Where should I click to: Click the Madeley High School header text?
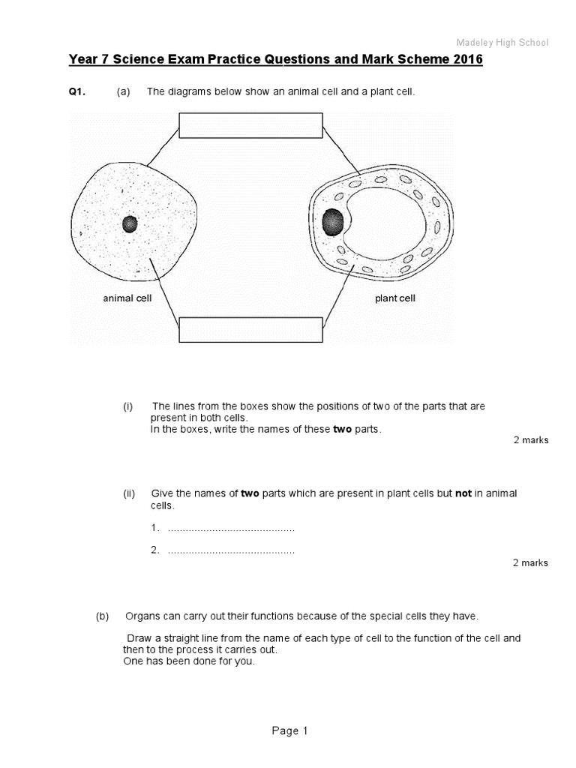tap(503, 43)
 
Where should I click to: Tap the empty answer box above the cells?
tap(250, 125)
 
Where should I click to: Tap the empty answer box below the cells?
tap(250, 330)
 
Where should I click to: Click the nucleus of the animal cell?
tap(130, 224)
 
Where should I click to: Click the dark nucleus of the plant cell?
tap(333, 223)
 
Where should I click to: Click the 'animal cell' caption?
tap(127, 298)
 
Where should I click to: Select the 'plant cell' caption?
tap(395, 298)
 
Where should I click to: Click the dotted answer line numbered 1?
tap(231, 529)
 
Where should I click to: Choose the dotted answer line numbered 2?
tap(231, 550)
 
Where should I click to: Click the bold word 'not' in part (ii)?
tap(463, 493)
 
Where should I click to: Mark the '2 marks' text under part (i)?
tap(530, 440)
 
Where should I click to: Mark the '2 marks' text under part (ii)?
tap(530, 562)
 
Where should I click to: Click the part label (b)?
tap(103, 616)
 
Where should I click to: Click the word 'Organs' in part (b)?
tap(140, 616)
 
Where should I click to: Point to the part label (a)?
tap(123, 91)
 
